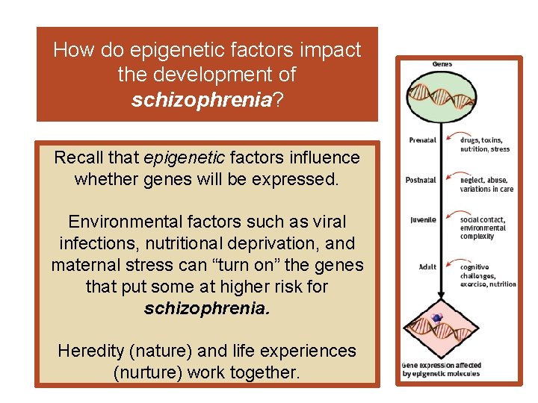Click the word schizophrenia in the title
tap(200, 101)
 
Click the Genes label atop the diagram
tap(442, 64)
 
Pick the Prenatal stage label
tap(422, 140)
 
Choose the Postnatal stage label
tap(421, 180)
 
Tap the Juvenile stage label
tap(423, 220)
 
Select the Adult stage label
tap(427, 266)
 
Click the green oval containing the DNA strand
tap(442, 96)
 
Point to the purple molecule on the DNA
tap(437, 318)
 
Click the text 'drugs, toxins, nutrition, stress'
tap(484, 145)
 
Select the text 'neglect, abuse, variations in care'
tap(486, 184)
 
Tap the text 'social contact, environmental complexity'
tap(483, 228)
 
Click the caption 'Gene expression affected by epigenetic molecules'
tap(442, 370)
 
